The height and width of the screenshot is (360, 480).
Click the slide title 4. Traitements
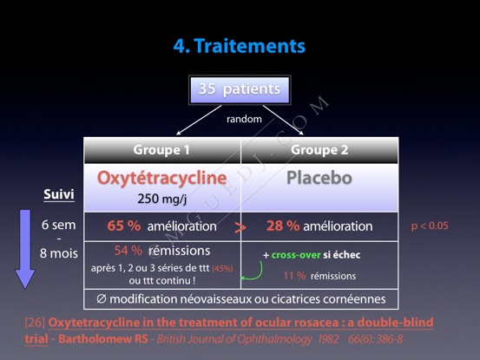(x=240, y=46)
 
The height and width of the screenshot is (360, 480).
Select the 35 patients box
(x=240, y=90)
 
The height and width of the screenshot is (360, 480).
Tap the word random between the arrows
(x=244, y=119)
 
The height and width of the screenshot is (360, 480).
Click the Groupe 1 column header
(x=161, y=150)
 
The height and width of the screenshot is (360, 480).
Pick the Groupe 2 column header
(x=319, y=150)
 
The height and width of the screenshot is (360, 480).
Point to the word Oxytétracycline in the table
(x=162, y=179)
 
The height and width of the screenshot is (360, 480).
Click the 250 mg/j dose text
(x=162, y=199)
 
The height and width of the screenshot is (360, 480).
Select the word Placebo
(x=319, y=178)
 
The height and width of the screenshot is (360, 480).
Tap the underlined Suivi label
(x=59, y=194)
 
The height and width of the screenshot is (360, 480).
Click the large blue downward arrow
(x=25, y=249)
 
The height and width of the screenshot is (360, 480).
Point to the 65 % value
(x=123, y=226)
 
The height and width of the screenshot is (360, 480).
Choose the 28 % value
(x=283, y=226)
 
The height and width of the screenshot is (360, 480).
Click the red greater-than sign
(x=240, y=227)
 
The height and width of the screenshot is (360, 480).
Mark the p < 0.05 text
(x=430, y=226)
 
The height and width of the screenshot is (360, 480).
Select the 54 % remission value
(x=128, y=251)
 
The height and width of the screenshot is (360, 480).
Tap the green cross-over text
(x=296, y=255)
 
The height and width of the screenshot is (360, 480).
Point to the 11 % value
(x=294, y=276)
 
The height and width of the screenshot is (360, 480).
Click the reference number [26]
(x=36, y=323)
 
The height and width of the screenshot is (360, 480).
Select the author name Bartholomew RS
(x=103, y=339)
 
